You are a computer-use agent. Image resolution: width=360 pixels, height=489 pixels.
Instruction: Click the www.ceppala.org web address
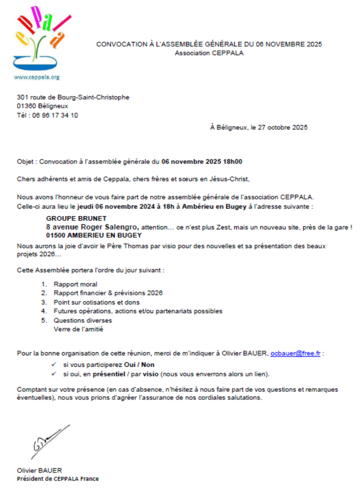point(36,77)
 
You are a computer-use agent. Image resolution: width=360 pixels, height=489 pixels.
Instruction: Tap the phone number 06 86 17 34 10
point(55,115)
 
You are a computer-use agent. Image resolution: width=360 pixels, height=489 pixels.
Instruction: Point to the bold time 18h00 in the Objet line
point(232,161)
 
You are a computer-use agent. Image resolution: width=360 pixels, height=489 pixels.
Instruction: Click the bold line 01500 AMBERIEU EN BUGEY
point(94,235)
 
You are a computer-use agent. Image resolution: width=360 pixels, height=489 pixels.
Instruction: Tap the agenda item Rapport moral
point(76,284)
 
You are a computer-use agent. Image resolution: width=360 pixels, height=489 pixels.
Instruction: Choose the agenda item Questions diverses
point(82,321)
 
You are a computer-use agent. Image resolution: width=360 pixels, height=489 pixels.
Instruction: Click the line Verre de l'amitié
point(78,329)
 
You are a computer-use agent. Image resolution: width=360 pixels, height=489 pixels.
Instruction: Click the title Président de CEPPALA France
point(58,479)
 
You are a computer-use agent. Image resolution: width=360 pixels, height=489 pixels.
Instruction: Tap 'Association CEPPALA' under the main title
point(209,53)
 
